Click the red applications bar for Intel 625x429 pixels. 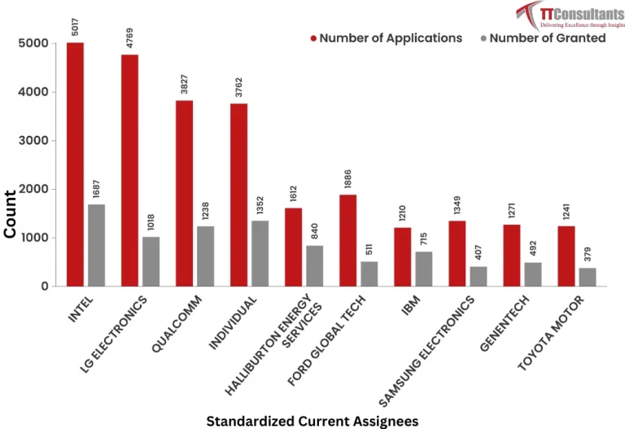tap(75, 164)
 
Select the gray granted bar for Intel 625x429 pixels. tap(96, 245)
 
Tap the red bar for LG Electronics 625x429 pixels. tap(129, 170)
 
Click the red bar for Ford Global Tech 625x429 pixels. tap(347, 240)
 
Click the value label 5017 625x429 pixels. tap(75, 27)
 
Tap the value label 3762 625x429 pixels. tap(238, 88)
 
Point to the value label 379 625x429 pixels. tap(588, 255)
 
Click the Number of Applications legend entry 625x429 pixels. tap(387, 38)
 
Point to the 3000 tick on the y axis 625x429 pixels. tap(33, 141)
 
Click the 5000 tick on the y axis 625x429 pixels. tap(33, 43)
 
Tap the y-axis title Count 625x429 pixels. tap(11, 214)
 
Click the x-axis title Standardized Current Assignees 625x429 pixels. tap(312, 420)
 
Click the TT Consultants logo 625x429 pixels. tap(569, 15)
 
